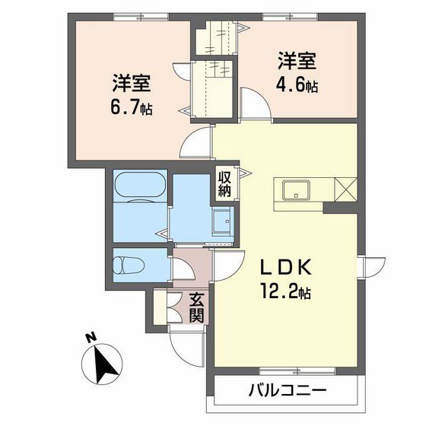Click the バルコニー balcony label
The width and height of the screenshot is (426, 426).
point(287,393)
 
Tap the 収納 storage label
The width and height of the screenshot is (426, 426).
point(225,183)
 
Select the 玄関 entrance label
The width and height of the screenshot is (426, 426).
point(196,307)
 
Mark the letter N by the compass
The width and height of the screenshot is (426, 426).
point(91,337)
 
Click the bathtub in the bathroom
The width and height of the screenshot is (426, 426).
point(139,185)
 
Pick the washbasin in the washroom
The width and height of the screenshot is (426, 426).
point(222,221)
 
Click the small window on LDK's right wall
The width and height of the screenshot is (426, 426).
point(367,269)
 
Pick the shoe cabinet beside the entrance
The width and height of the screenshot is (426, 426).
point(160,307)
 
